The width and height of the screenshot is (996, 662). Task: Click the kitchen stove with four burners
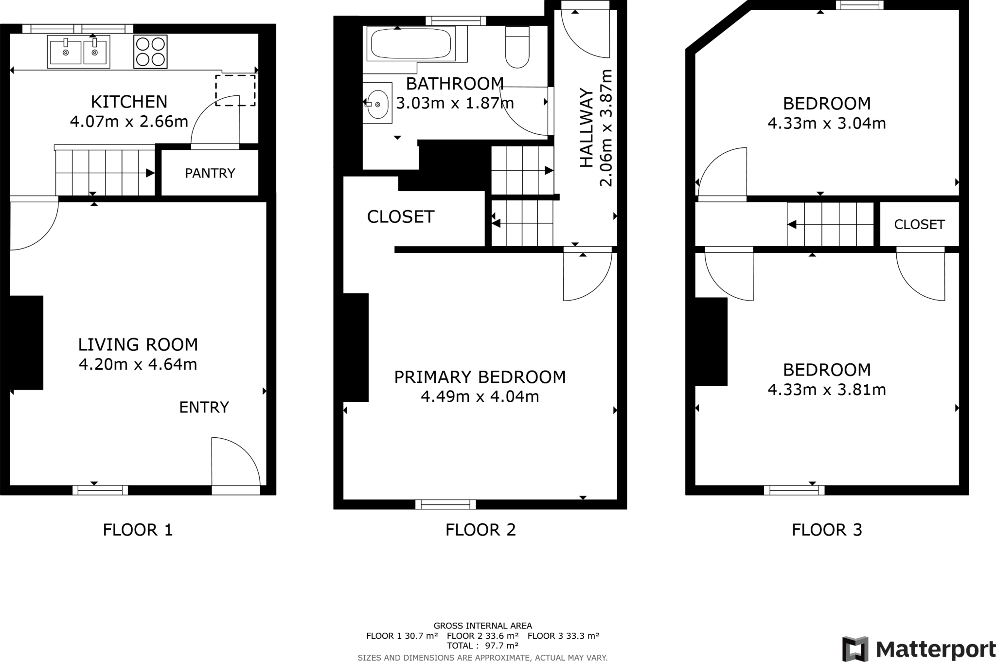tap(150, 52)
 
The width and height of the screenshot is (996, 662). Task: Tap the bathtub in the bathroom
tap(410, 44)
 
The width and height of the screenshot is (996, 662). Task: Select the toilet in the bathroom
tap(517, 48)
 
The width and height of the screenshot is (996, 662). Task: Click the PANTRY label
tap(210, 173)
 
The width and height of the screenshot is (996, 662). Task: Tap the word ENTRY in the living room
tap(204, 407)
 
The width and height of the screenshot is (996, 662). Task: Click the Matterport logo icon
tap(855, 649)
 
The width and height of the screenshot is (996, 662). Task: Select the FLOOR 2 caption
tap(480, 530)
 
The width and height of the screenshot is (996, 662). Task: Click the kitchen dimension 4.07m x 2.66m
tap(129, 122)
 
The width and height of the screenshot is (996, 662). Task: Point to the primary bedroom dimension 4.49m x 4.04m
tap(480, 397)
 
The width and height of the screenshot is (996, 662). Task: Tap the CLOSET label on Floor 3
tap(919, 224)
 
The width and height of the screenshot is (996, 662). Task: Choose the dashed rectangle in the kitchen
tap(235, 90)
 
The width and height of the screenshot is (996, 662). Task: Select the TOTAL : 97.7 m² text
tap(482, 645)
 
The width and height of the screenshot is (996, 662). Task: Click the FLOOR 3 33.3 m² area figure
tap(563, 636)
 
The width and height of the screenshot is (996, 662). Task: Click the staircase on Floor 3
tap(830, 225)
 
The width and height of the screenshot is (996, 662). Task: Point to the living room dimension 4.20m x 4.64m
tap(138, 365)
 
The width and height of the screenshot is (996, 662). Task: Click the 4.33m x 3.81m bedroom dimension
tap(826, 390)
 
